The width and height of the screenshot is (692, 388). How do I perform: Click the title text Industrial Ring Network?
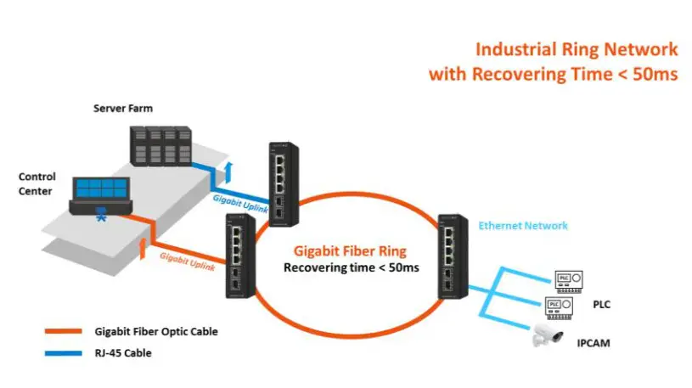click(x=577, y=49)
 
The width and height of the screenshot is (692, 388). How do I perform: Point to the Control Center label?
click(x=37, y=183)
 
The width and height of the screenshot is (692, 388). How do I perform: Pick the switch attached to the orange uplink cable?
click(x=237, y=255)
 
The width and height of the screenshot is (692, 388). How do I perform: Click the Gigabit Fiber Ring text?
click(x=351, y=251)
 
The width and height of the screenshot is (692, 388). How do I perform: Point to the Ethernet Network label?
click(x=523, y=226)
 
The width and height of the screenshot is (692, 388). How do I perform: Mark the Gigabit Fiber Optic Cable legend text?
click(x=156, y=331)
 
